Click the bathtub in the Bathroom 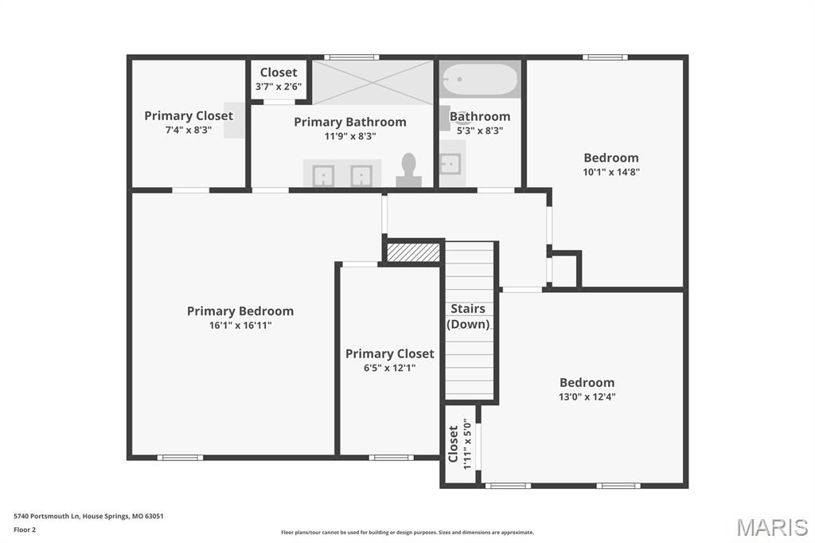[480, 79]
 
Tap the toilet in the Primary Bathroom [408, 170]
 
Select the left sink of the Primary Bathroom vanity [323, 176]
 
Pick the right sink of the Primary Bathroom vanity [361, 176]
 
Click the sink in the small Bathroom [450, 164]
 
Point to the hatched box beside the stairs [414, 252]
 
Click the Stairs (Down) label [468, 316]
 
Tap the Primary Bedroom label [240, 311]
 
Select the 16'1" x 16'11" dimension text [240, 326]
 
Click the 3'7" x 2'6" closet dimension [279, 86]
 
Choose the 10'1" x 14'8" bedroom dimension [611, 172]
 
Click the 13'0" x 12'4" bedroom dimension [587, 397]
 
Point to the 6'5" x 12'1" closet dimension [390, 369]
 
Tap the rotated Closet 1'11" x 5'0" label [460, 443]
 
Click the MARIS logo [772, 527]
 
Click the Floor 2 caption [25, 530]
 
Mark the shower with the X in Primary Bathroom [372, 82]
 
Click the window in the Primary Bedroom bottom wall [181, 458]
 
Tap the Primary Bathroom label [350, 123]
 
